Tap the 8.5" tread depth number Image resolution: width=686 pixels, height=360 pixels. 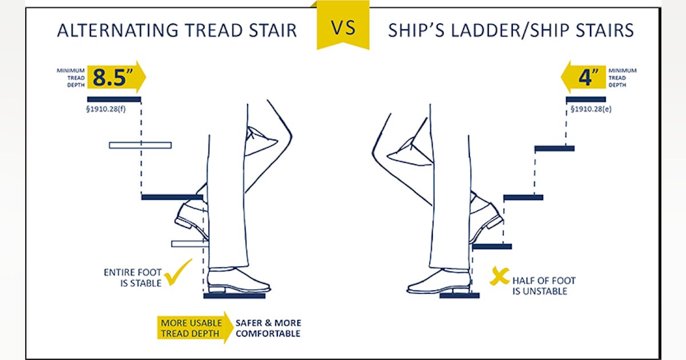[113, 77]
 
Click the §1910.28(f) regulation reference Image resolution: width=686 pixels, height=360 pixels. [106, 109]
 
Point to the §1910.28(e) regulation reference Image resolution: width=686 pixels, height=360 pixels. [591, 109]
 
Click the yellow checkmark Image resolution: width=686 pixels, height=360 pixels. [178, 272]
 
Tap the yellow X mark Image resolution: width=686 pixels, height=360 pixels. [499, 275]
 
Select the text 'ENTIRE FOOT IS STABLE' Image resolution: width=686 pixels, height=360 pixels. [133, 278]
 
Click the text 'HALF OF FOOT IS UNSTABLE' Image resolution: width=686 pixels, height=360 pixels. [544, 286]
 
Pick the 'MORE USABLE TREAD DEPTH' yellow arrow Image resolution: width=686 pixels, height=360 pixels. [195, 328]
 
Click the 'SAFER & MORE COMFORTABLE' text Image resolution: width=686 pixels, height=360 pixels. [268, 328]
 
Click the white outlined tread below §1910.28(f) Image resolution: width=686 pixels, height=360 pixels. [140, 145]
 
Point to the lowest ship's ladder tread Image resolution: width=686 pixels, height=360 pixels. [460, 295]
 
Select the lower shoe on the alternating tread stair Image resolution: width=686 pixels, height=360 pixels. [238, 280]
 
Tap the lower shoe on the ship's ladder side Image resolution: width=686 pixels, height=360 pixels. [438, 281]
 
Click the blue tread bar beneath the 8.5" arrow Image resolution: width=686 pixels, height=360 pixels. [114, 99]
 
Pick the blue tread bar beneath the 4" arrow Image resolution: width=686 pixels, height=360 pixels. [586, 99]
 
